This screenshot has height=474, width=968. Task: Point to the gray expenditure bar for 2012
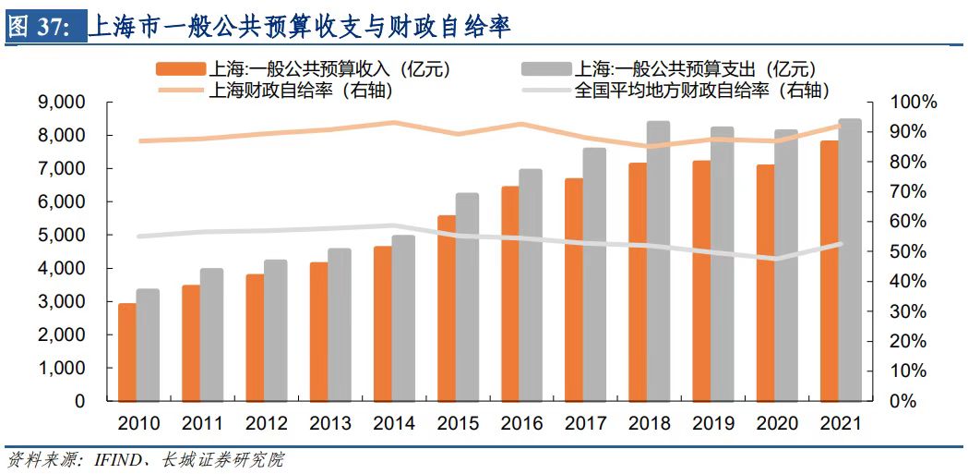[276, 330]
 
